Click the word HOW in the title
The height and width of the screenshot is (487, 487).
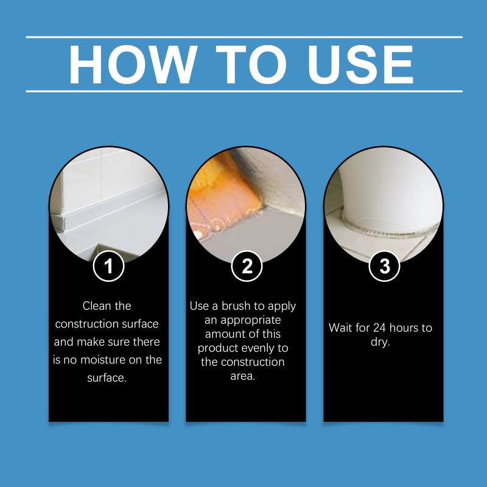[x=133, y=65]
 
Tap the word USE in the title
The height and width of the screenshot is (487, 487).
[x=360, y=65]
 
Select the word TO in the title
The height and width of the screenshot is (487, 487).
[x=251, y=65]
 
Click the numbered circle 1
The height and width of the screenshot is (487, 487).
[x=109, y=266]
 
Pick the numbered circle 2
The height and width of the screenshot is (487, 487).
[x=247, y=266]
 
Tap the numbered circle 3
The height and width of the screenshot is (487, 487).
[x=385, y=266]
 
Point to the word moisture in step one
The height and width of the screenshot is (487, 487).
[x=102, y=360]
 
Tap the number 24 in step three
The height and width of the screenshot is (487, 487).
[x=379, y=328]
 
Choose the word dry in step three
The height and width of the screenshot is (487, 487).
[x=379, y=342]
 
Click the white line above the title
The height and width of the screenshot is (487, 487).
[x=244, y=37]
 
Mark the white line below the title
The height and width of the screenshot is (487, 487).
[x=244, y=91]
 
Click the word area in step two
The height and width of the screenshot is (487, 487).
[x=242, y=376]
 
